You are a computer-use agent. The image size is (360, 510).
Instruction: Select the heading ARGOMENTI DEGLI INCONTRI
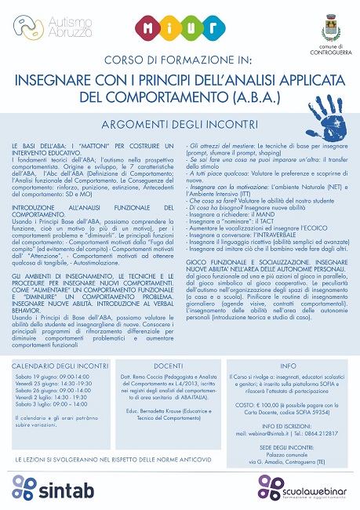tap(180, 125)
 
